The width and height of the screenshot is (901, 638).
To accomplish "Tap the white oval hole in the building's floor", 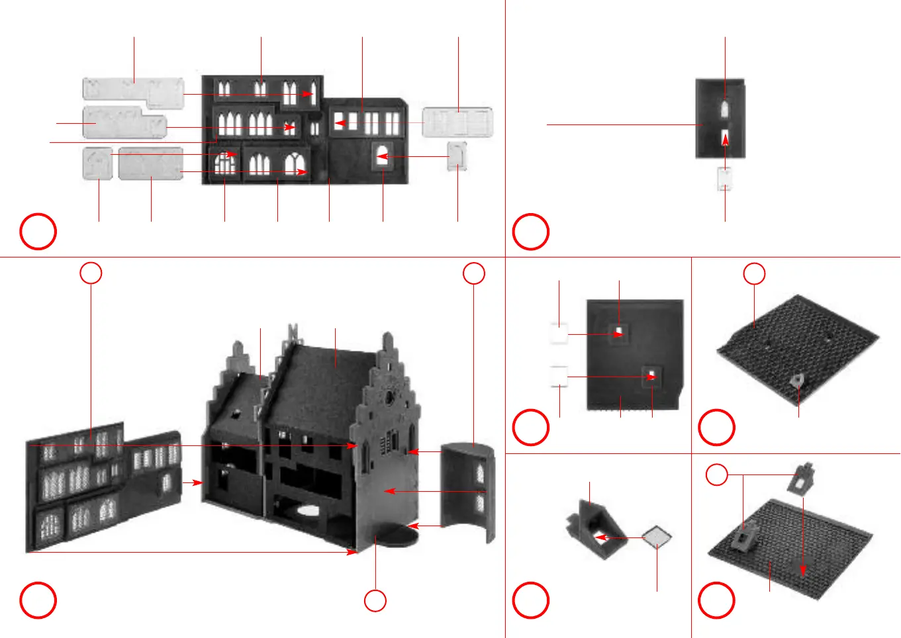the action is click(308, 510).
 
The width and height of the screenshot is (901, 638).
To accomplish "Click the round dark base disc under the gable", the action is click(395, 533).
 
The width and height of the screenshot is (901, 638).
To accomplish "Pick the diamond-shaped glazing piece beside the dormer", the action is click(657, 537).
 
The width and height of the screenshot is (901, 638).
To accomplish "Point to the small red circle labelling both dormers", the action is click(717, 475).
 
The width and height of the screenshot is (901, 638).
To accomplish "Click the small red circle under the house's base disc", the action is click(375, 600).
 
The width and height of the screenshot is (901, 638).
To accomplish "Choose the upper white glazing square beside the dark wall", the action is click(559, 334).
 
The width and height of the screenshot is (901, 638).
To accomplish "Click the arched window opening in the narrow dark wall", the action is click(725, 109).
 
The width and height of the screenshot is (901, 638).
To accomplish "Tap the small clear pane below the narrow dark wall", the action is click(725, 179).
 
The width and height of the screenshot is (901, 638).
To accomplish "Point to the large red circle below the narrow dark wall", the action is click(531, 232).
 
